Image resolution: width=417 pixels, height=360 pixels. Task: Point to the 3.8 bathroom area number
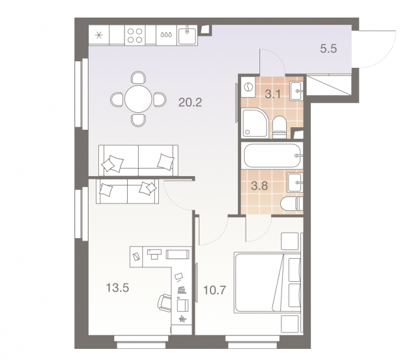point(259,184)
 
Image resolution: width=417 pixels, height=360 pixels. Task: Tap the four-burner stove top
point(135,35)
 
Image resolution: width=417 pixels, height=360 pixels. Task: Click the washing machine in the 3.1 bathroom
point(248,86)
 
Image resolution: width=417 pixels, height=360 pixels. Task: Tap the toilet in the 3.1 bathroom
point(278,125)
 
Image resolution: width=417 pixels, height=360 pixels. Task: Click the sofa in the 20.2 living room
point(137,160)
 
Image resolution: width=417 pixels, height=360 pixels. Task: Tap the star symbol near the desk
point(182,320)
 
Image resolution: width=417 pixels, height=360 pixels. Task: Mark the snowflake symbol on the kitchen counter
point(99,35)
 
